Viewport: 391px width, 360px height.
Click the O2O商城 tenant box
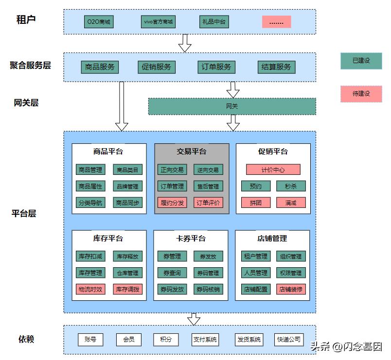pos(99,22)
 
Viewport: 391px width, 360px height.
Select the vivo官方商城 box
pos(158,22)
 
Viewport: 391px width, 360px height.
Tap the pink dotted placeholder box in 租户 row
pos(276,22)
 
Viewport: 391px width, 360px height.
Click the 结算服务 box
pos(276,67)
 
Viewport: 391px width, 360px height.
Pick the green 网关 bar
pos(232,106)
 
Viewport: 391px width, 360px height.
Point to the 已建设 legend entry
pos(361,61)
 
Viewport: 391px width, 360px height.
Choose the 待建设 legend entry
pos(361,93)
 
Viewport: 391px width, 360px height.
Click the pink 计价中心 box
pos(273,170)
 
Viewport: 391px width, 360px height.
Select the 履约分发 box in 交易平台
pos(172,203)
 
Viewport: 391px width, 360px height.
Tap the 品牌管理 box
pos(128,186)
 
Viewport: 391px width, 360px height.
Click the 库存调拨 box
pos(128,289)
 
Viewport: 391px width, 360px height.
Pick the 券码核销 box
pos(208,289)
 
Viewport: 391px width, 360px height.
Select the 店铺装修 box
pos(291,289)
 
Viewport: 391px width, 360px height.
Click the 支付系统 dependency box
pos(205,340)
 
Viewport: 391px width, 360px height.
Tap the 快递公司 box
pos(289,340)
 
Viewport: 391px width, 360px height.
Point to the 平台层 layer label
pos(24,213)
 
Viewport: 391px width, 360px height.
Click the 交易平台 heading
pos(191,152)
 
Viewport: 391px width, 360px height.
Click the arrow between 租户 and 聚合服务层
pos(185,43)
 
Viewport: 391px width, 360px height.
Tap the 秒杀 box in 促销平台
pos(291,186)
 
